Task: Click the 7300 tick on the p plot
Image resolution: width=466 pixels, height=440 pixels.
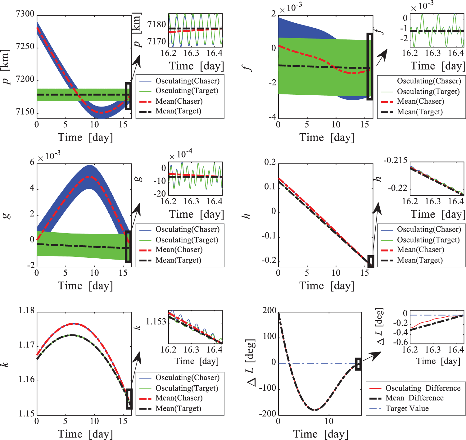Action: (x=25, y=14)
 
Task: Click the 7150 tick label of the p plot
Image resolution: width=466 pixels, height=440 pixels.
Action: (x=25, y=112)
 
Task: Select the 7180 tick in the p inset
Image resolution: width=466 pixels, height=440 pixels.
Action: (x=157, y=24)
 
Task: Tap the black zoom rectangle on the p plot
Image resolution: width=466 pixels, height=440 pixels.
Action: (x=128, y=96)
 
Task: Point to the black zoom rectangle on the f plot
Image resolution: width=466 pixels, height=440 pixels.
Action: (x=369, y=66)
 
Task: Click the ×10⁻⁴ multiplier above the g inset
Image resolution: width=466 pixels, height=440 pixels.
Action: (x=181, y=154)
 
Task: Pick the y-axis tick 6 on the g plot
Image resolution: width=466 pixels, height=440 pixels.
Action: (x=32, y=162)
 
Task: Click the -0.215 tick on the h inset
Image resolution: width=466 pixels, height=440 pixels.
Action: (x=396, y=161)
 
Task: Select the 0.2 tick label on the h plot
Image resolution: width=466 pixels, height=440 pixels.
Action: (x=270, y=162)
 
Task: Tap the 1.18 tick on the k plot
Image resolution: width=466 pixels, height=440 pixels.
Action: (x=27, y=311)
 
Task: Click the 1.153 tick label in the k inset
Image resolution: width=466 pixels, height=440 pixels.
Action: (x=156, y=322)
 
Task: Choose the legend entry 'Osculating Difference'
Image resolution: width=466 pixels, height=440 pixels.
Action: (x=423, y=388)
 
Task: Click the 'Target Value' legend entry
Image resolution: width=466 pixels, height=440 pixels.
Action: (x=407, y=408)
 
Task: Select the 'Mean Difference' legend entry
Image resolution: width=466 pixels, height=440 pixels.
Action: (x=414, y=398)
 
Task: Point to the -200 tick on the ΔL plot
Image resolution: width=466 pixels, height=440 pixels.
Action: (x=269, y=414)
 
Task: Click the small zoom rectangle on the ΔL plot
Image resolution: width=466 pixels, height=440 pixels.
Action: (x=358, y=364)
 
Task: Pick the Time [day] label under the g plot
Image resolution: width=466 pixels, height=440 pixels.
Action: (x=85, y=286)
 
